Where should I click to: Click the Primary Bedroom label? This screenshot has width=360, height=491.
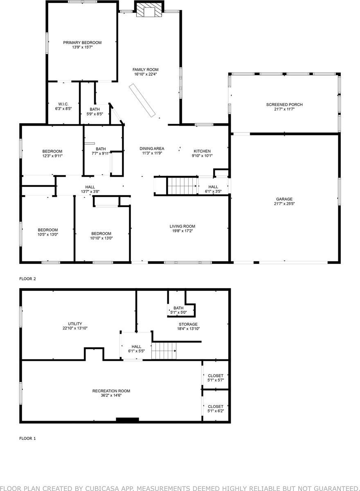[x=82, y=43]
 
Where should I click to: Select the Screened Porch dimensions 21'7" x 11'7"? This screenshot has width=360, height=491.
[x=284, y=110]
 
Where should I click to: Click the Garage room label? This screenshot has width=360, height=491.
[x=284, y=199]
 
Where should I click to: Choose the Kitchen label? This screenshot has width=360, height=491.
[x=202, y=151]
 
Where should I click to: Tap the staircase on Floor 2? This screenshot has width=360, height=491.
[x=182, y=186]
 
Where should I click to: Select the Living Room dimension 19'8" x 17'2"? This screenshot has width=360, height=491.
[x=182, y=231]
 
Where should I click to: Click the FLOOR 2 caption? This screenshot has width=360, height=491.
[x=28, y=279]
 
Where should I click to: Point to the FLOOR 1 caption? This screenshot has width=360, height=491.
[x=28, y=438]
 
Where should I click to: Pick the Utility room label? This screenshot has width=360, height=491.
[x=75, y=324]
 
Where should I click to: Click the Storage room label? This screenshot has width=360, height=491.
[x=188, y=324]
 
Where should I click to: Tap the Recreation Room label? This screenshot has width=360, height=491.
[x=111, y=391]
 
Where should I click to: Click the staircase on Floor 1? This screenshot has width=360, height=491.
[x=164, y=351]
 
